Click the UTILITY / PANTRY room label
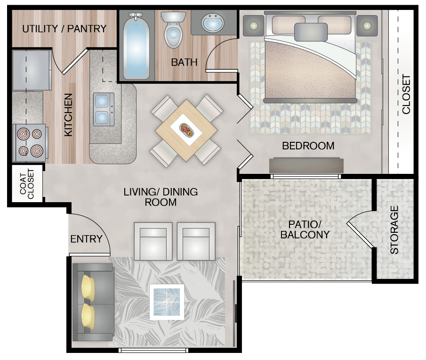[x=64, y=29]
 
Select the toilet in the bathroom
[x=173, y=32]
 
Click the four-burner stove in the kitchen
[x=30, y=142]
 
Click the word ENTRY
[x=86, y=239]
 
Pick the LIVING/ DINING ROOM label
[x=161, y=197]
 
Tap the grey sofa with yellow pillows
[x=93, y=302]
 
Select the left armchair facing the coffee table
[x=153, y=241]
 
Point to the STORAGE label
[x=394, y=230]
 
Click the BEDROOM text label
[x=308, y=146]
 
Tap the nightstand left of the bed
[x=253, y=25]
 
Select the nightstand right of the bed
[x=367, y=25]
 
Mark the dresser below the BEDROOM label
[x=306, y=165]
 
